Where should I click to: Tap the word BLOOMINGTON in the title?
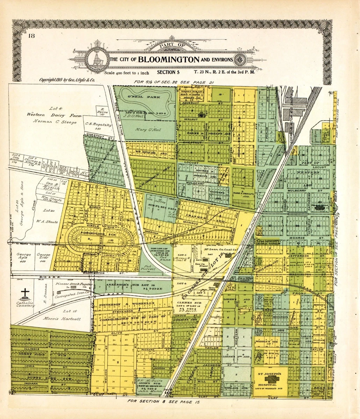tap(168, 59)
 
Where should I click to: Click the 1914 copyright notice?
tap(67, 80)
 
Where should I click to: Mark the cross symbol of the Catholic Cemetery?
tap(25, 292)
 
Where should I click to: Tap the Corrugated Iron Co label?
tap(72, 296)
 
